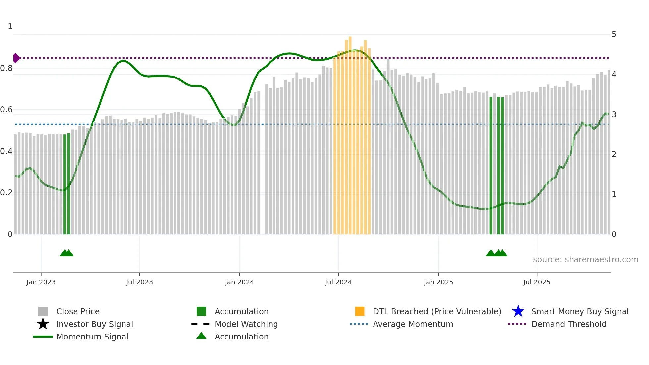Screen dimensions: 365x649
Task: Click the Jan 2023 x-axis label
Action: [41, 282]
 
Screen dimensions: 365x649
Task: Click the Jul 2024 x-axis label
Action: [338, 282]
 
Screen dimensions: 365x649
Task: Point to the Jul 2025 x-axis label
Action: [537, 282]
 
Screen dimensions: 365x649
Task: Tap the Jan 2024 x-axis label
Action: [239, 282]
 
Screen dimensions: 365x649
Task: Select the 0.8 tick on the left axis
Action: [6, 68]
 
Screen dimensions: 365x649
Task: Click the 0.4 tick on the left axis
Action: [6, 151]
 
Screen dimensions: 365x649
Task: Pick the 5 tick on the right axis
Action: [614, 34]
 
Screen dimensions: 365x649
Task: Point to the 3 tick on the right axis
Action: [614, 115]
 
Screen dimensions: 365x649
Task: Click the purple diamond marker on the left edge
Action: [16, 58]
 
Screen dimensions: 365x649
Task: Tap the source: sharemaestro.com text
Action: [585, 260]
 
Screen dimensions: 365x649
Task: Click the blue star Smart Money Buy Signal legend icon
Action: [518, 311]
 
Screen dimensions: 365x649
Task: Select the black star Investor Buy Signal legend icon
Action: [43, 324]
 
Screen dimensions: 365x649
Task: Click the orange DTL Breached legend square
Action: [360, 311]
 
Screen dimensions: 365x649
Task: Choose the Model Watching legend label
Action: [246, 324]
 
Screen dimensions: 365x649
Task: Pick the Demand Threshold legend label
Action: [569, 324]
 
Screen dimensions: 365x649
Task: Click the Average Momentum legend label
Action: [413, 324]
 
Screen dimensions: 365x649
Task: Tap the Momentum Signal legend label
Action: [92, 337]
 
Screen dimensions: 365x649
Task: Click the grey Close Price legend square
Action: [43, 311]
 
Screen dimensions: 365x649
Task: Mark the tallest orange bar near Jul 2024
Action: [350, 132]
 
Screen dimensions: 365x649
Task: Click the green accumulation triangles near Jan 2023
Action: [67, 253]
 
